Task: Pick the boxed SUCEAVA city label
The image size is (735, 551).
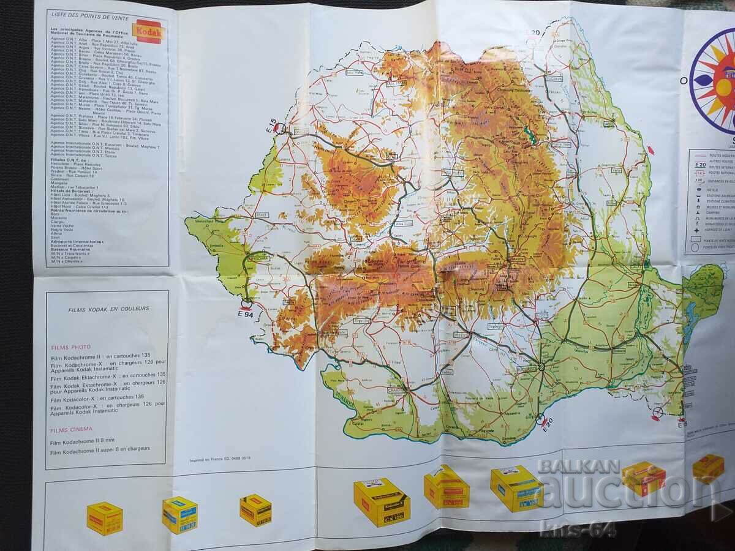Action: (555, 78)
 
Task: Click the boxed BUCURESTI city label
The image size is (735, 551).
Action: (526, 369)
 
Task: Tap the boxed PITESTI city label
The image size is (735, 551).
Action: (461, 335)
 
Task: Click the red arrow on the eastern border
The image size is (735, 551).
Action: (651, 149)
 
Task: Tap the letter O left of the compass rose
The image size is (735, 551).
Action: (684, 80)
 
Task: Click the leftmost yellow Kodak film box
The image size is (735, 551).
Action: (104, 518)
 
